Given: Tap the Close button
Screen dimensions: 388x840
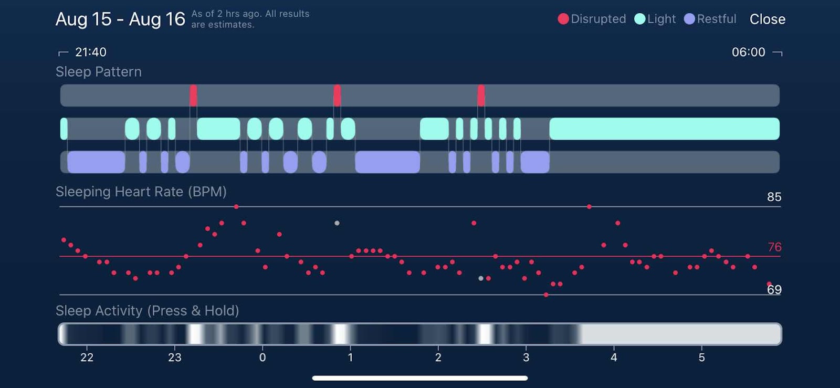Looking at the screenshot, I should pyautogui.click(x=767, y=19).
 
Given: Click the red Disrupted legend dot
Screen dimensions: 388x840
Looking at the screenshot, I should pyautogui.click(x=563, y=19).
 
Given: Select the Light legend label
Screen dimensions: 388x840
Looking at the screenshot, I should pyautogui.click(x=661, y=19).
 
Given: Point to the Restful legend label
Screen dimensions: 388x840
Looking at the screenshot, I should pyautogui.click(x=717, y=19).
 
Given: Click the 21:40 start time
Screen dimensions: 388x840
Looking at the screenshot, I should pyautogui.click(x=90, y=52).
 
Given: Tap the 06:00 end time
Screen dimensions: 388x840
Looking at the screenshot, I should pyautogui.click(x=748, y=52).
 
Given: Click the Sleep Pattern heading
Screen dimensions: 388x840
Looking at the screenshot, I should pyautogui.click(x=99, y=72).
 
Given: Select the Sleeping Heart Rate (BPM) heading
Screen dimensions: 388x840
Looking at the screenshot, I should pyautogui.click(x=141, y=192).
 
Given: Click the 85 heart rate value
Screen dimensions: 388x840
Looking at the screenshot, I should pyautogui.click(x=774, y=197).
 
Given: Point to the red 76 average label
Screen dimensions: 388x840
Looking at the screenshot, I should pyautogui.click(x=774, y=247).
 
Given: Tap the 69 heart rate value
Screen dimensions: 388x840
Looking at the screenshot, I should pyautogui.click(x=774, y=290).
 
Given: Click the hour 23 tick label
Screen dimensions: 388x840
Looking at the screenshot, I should pyautogui.click(x=175, y=358).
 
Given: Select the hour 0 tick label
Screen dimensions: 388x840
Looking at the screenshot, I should pyautogui.click(x=262, y=358).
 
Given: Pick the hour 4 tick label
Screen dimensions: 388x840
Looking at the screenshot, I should pyautogui.click(x=614, y=358).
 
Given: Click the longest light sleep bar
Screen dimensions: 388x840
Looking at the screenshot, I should pyautogui.click(x=664, y=129).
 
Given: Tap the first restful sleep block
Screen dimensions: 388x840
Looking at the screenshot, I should pyautogui.click(x=96, y=162).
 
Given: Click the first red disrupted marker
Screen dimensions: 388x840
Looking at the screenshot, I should pyautogui.click(x=193, y=96).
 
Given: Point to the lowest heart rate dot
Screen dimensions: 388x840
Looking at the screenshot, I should pyautogui.click(x=546, y=295).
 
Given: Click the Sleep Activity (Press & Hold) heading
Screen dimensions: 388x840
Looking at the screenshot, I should pyautogui.click(x=148, y=311).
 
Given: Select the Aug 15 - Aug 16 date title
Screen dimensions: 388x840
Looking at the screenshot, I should pyautogui.click(x=120, y=19).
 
